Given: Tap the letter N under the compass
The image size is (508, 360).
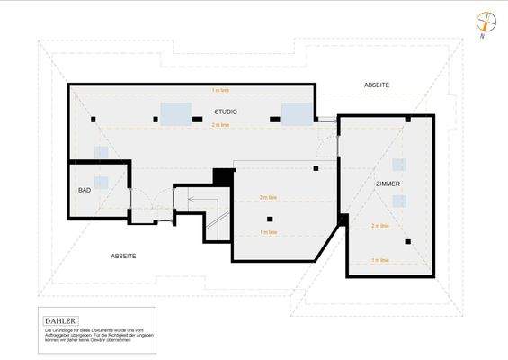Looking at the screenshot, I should (483, 38).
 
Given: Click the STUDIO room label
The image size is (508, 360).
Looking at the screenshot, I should (225, 111).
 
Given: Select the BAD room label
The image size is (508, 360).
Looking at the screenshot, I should (85, 191).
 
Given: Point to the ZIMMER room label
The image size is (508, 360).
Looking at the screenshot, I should (388, 184).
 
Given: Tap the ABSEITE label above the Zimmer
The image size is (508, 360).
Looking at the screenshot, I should (377, 85).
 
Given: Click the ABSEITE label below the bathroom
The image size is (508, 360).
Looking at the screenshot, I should (123, 256).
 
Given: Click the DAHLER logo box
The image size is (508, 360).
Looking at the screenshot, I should (60, 319).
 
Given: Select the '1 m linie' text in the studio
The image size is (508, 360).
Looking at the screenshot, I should (220, 91).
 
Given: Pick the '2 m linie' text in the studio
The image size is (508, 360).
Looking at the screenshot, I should (220, 125).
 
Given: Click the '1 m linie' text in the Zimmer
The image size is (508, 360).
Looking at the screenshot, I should (380, 260).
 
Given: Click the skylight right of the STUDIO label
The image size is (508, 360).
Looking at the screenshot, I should (296, 112).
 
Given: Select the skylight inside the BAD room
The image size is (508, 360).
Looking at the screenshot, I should (101, 182).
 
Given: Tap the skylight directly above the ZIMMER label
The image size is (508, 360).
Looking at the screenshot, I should (399, 165).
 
